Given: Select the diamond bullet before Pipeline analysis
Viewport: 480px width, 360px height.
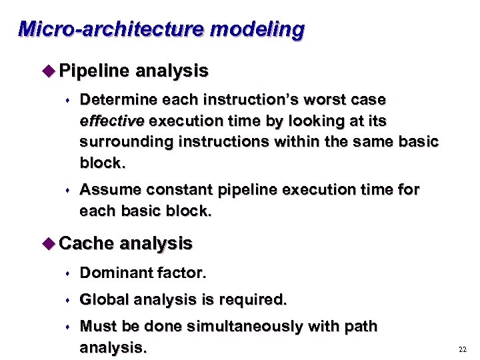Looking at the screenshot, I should [50, 71].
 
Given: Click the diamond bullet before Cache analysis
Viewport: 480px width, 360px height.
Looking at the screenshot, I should [50, 243].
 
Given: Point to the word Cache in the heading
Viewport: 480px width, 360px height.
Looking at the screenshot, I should [87, 243].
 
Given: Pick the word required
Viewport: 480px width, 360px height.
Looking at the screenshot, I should [253, 300].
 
